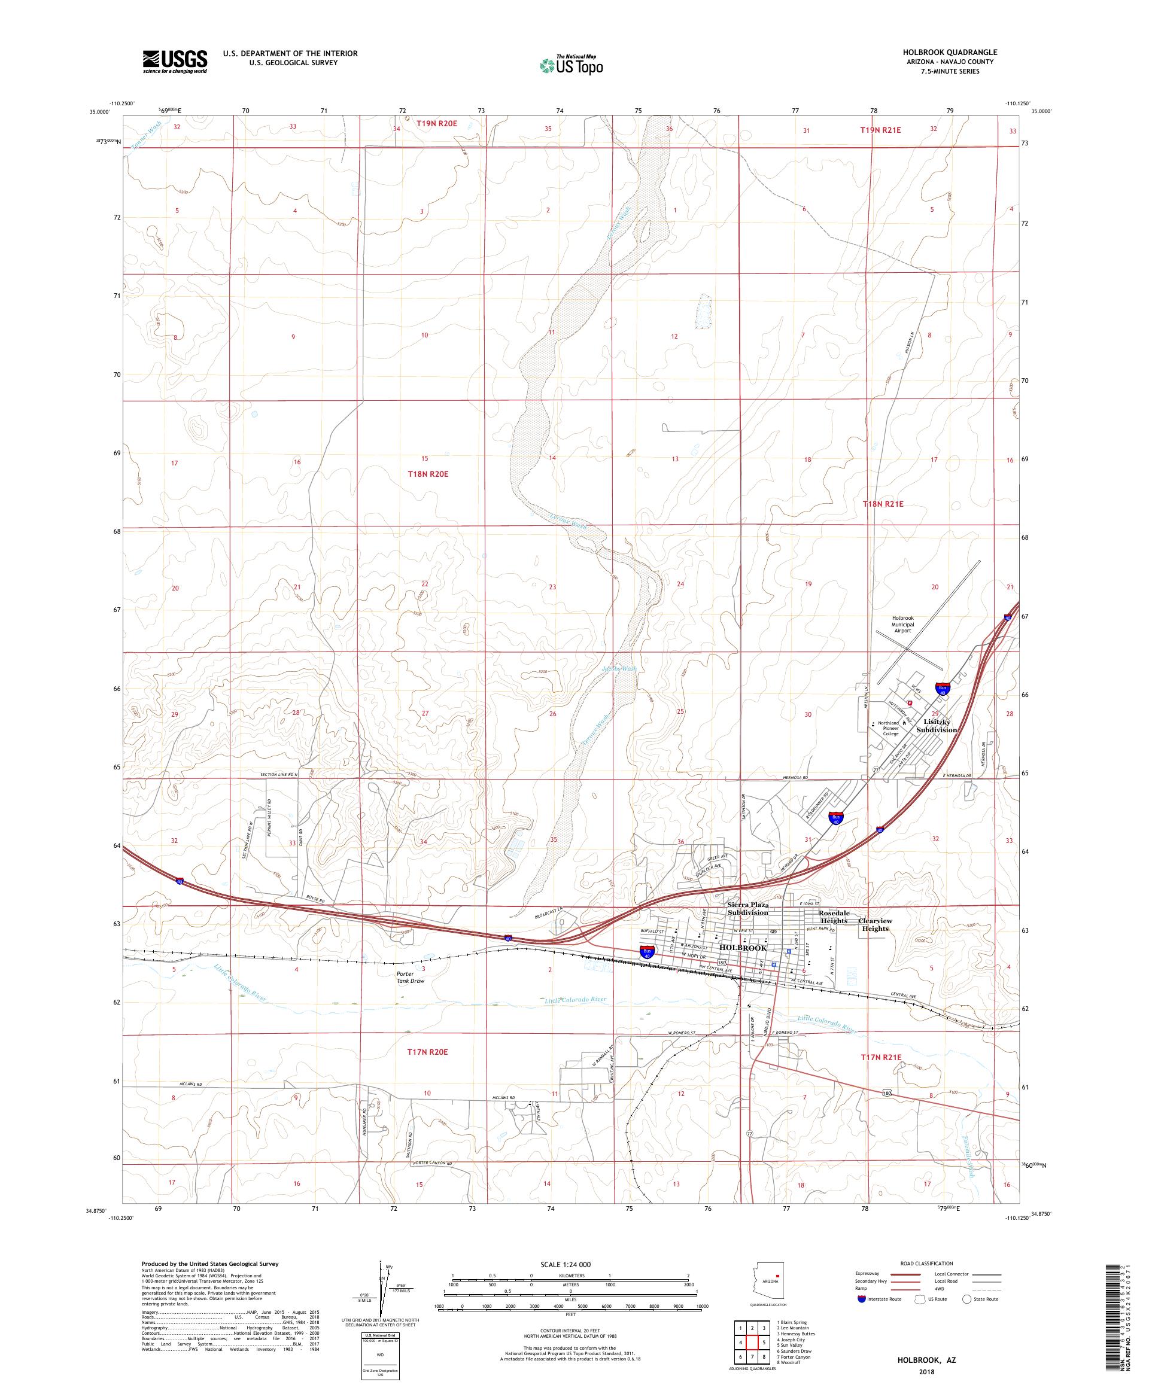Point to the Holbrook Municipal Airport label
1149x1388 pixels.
click(902, 625)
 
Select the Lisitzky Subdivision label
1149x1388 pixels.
click(935, 726)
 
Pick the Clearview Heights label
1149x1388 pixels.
click(875, 924)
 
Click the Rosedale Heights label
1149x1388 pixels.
click(834, 917)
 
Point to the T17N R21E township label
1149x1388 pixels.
click(881, 1075)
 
